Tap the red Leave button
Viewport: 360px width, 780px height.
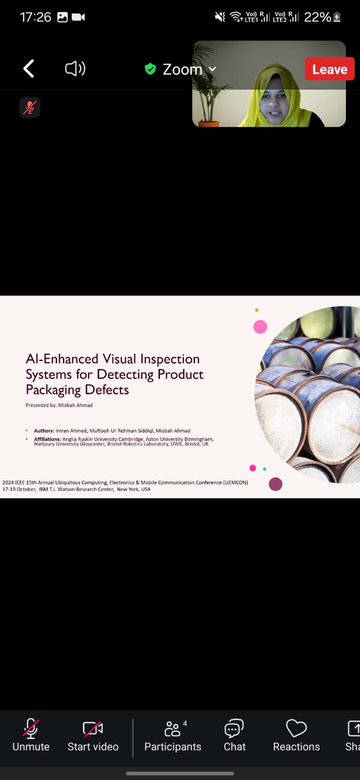[x=330, y=69]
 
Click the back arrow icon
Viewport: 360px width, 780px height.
[x=29, y=68]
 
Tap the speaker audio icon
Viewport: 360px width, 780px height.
[x=75, y=69]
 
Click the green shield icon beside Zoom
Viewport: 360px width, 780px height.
[x=150, y=69]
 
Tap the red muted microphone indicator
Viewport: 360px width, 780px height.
[x=30, y=107]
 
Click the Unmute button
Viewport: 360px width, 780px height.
[x=31, y=735]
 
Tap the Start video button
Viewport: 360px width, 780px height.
[x=93, y=735]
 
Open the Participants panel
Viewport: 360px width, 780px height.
[x=173, y=735]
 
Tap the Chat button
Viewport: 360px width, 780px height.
[x=235, y=735]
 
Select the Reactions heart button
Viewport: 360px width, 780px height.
[x=296, y=735]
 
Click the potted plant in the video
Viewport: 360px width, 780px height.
[x=208, y=87]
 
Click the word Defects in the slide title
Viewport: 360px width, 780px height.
[x=107, y=390]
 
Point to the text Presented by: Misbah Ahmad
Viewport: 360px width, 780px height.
[x=59, y=405]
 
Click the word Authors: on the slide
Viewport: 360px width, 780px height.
[x=44, y=431]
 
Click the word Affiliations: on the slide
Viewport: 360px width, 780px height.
[x=47, y=439]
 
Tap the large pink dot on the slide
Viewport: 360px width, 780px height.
[x=260, y=327]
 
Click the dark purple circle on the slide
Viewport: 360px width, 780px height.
[x=275, y=484]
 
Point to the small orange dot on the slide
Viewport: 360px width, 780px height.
[x=257, y=310]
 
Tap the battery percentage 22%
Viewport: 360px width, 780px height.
[x=318, y=17]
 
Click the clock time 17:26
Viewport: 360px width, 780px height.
[x=36, y=17]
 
